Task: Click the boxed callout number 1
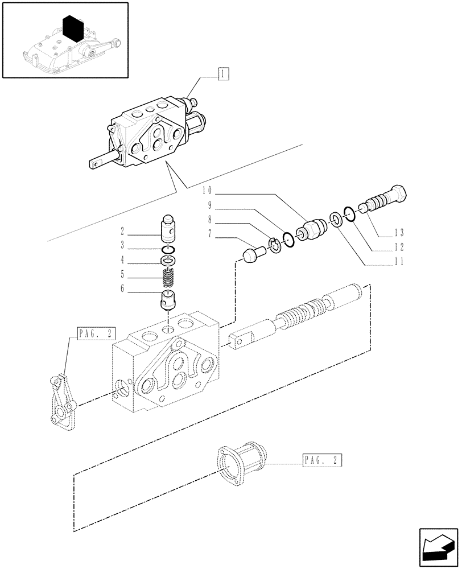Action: (224, 73)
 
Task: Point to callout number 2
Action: (122, 232)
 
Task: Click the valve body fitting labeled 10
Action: (313, 229)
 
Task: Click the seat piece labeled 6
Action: (168, 300)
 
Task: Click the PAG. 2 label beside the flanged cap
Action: (321, 460)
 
